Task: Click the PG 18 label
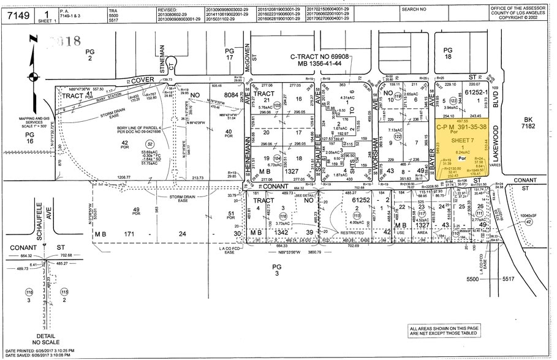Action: click(x=447, y=54)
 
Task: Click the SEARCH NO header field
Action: click(x=414, y=10)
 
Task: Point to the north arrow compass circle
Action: click(x=31, y=77)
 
